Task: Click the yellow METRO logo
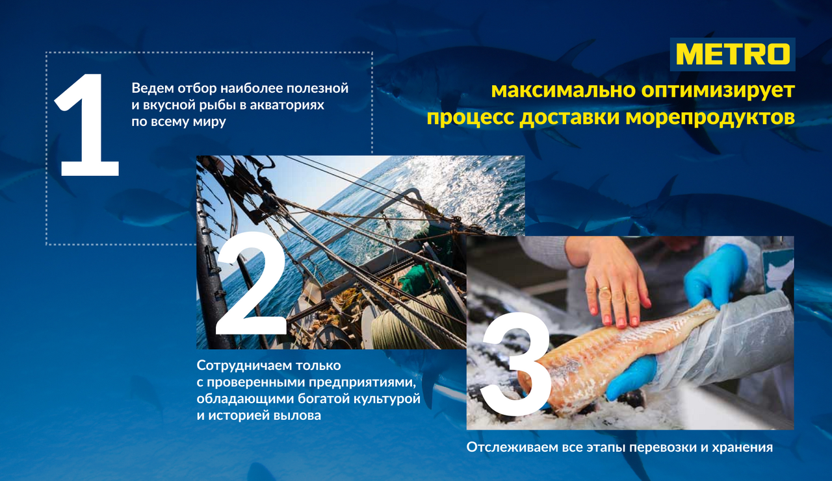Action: tap(733, 54)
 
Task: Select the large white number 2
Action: tap(251, 284)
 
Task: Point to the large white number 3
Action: tap(515, 365)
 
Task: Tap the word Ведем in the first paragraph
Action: tap(152, 89)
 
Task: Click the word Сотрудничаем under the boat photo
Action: tap(243, 365)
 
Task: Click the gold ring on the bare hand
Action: tap(604, 288)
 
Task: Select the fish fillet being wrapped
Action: tap(617, 356)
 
